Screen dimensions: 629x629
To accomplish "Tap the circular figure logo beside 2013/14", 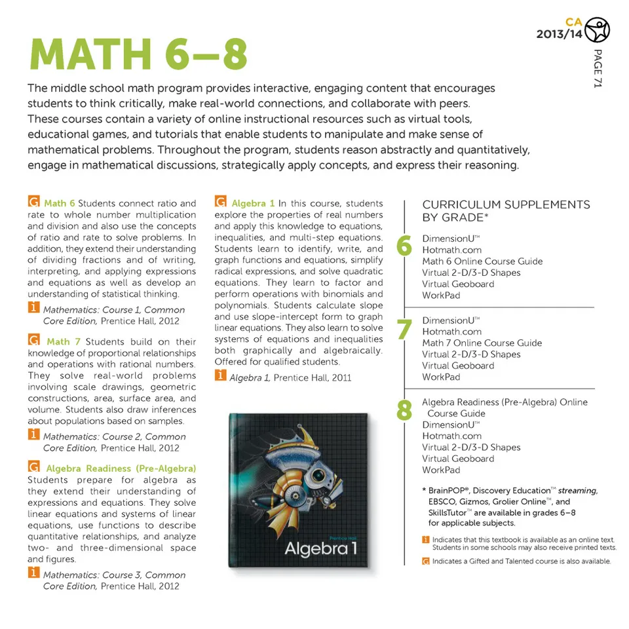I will click(x=597, y=29).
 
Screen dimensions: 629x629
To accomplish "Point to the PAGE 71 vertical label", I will click(x=597, y=68).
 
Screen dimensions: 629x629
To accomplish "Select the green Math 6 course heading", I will click(x=60, y=203).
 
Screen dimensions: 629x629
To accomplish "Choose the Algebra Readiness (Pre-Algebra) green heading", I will click(x=121, y=468).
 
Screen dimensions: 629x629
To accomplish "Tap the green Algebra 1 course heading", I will click(x=253, y=203).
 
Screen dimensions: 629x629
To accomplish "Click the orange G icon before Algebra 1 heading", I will click(x=220, y=202).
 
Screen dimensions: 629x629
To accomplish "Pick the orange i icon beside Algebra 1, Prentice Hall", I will click(x=220, y=376).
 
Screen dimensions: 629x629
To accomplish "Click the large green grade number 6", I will click(x=404, y=246).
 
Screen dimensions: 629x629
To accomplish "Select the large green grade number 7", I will click(x=404, y=329).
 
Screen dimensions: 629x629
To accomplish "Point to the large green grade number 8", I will click(x=404, y=411).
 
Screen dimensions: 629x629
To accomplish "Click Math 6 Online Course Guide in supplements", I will click(x=482, y=261).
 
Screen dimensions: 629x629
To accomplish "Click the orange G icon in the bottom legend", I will click(x=426, y=562).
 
